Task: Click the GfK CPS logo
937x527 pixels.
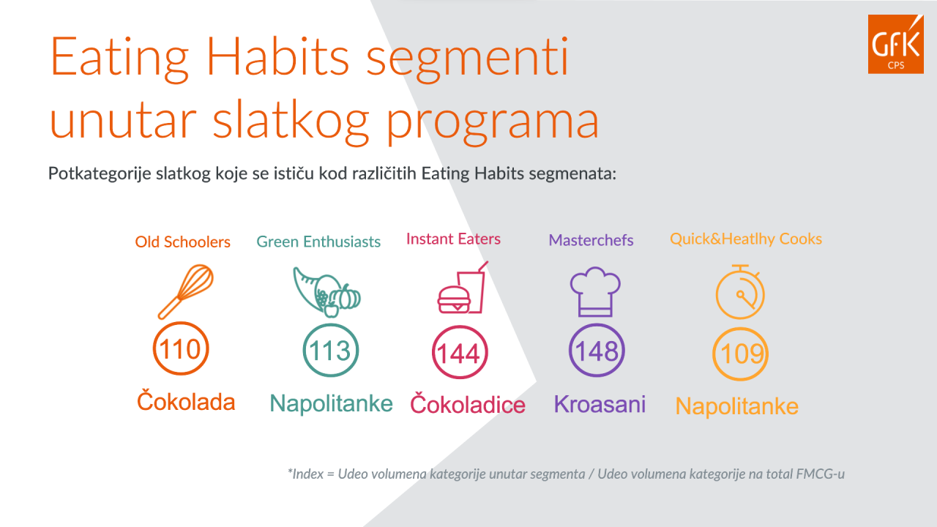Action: pos(895,44)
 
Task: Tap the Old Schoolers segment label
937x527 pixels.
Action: pos(182,242)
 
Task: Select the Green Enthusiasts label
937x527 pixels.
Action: pos(318,242)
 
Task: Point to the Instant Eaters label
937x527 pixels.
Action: pos(453,239)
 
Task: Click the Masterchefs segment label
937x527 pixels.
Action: pos(591,240)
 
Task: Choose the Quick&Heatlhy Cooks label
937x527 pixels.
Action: pos(746,239)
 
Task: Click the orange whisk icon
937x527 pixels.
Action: pos(185,291)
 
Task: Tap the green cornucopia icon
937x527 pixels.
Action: pos(326,292)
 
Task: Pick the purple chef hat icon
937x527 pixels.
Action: pos(595,291)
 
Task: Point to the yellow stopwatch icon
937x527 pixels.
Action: pos(740,292)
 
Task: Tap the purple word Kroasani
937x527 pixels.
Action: pos(600,404)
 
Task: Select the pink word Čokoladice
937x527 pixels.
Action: pos(467,403)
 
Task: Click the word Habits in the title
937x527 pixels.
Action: pos(277,56)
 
